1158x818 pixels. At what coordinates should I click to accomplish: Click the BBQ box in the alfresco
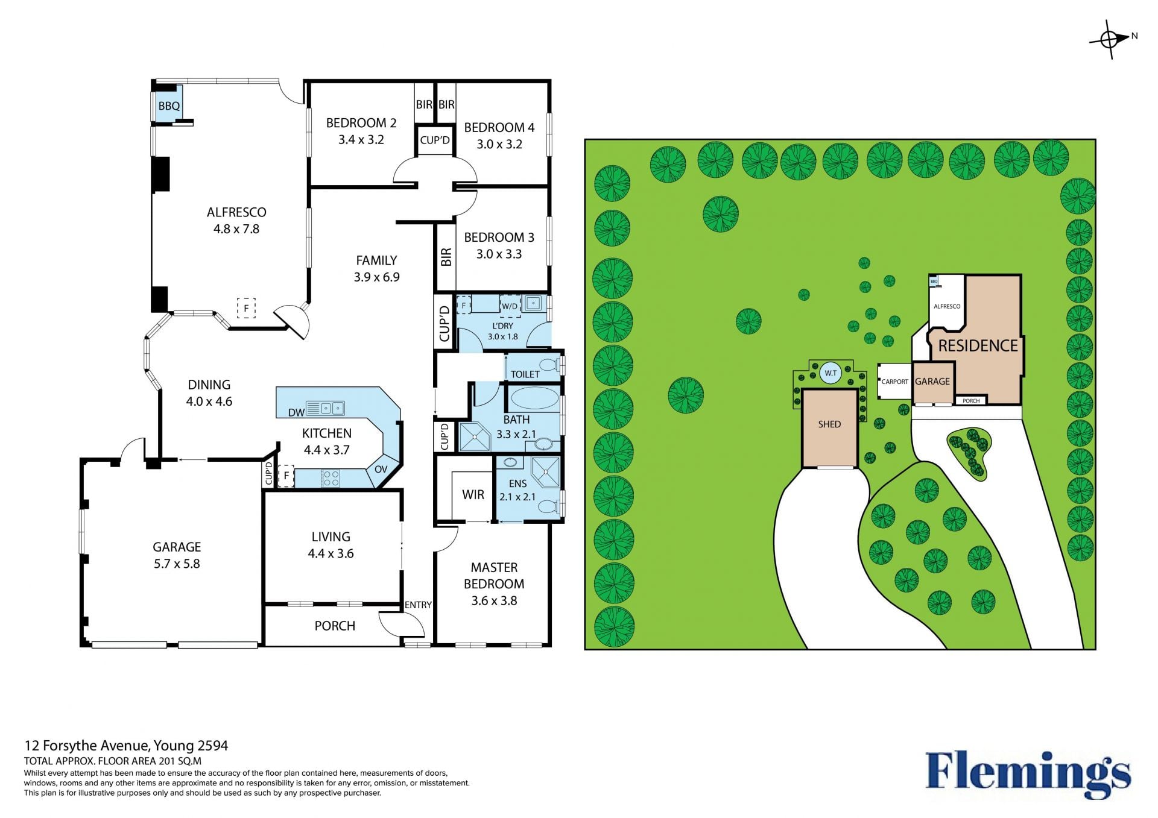pyautogui.click(x=169, y=106)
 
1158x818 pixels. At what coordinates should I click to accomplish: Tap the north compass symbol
pyautogui.click(x=1111, y=39)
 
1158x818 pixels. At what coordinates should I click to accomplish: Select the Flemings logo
pyautogui.click(x=1028, y=773)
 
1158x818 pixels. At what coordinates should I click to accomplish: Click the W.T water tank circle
pyautogui.click(x=831, y=373)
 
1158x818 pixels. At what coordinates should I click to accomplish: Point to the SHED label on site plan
pyautogui.click(x=829, y=424)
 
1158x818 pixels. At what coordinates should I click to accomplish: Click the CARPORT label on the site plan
pyautogui.click(x=894, y=382)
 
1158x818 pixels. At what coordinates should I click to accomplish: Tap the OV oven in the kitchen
pyautogui.click(x=381, y=469)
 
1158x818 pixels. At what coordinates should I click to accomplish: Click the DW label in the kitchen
pyautogui.click(x=296, y=413)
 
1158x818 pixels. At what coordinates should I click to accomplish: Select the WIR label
pyautogui.click(x=473, y=495)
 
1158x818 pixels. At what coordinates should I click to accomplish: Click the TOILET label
pyautogui.click(x=525, y=374)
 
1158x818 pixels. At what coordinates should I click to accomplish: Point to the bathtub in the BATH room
pyautogui.click(x=534, y=398)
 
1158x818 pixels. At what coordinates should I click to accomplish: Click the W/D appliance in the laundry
pyautogui.click(x=510, y=306)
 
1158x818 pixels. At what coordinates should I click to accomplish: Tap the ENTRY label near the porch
pyautogui.click(x=418, y=605)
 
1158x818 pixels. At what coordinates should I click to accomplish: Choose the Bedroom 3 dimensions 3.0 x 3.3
pyautogui.click(x=499, y=254)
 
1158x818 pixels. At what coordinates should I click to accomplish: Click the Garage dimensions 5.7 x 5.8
pyautogui.click(x=176, y=564)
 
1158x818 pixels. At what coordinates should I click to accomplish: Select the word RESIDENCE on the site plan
pyautogui.click(x=978, y=346)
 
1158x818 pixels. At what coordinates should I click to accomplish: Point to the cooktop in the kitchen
pyautogui.click(x=331, y=479)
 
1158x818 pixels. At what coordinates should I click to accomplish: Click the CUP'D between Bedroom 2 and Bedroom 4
pyautogui.click(x=435, y=140)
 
